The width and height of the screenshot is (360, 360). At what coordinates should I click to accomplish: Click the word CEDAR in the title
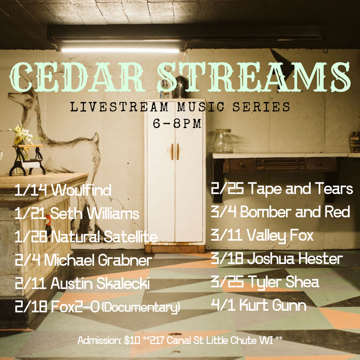[77, 77]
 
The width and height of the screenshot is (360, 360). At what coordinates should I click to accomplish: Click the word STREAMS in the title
[254, 77]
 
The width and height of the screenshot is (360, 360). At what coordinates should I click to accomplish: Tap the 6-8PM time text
[177, 124]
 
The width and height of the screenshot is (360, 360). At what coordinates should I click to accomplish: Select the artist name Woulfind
[81, 190]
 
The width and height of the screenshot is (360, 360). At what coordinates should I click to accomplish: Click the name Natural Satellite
[104, 236]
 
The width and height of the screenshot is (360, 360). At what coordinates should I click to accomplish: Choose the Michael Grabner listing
[84, 260]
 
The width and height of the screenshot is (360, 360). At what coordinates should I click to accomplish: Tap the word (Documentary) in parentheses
[141, 307]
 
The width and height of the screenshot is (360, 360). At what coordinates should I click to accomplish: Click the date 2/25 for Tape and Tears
[227, 188]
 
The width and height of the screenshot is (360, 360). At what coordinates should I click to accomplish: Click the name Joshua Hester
[295, 258]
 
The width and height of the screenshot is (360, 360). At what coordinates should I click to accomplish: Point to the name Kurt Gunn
[273, 305]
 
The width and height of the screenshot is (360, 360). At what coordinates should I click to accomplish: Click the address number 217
[157, 340]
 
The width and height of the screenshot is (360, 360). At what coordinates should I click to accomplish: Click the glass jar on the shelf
[223, 141]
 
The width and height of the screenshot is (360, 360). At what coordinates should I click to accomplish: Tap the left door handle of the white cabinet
[172, 152]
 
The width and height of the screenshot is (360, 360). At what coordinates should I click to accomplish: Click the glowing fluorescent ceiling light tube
[120, 50]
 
